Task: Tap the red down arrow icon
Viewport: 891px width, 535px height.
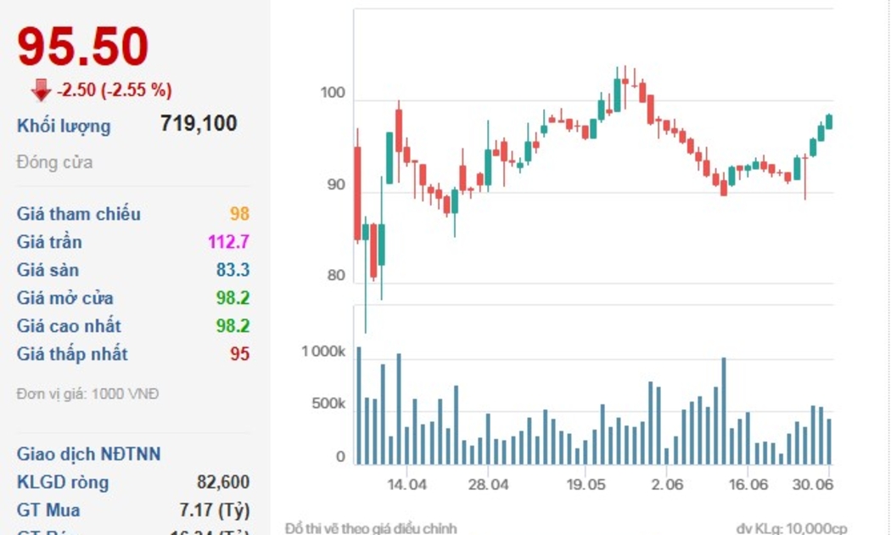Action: pyautogui.click(x=41, y=89)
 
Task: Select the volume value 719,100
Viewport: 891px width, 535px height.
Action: pyautogui.click(x=199, y=124)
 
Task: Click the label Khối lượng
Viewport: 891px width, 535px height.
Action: pyautogui.click(x=64, y=127)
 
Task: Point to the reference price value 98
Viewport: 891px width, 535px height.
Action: pyautogui.click(x=239, y=214)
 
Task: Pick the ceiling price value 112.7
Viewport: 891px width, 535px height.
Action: pyautogui.click(x=229, y=242)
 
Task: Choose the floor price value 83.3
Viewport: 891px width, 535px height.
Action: pyautogui.click(x=233, y=270)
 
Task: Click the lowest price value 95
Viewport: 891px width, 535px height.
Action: pyautogui.click(x=240, y=354)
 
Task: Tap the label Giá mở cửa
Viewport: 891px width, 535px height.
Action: pyautogui.click(x=65, y=298)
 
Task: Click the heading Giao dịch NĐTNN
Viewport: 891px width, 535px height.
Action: pyautogui.click(x=88, y=454)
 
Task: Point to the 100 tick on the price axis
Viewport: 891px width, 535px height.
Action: pyautogui.click(x=333, y=93)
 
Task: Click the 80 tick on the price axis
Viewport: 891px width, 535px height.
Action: pyautogui.click(x=336, y=276)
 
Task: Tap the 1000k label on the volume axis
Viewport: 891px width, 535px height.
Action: pyautogui.click(x=323, y=352)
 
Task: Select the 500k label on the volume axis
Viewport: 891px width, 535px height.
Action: pyautogui.click(x=328, y=404)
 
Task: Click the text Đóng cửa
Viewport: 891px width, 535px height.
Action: pyautogui.click(x=54, y=162)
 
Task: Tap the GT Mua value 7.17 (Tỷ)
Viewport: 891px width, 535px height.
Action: pyautogui.click(x=208, y=510)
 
